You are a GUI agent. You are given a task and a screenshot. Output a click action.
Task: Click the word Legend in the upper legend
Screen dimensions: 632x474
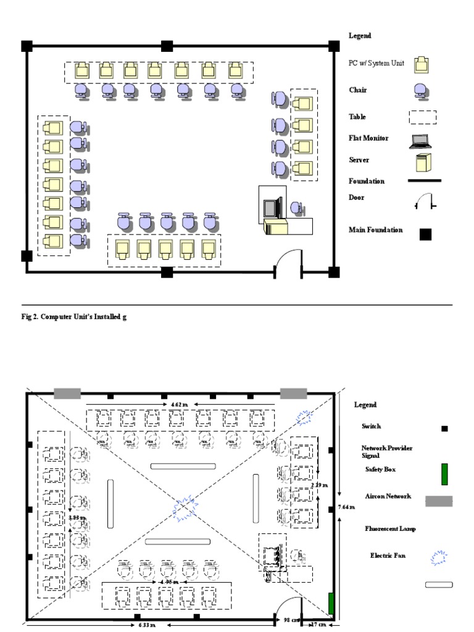360,36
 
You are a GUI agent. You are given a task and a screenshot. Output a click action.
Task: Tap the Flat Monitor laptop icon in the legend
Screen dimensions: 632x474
420,142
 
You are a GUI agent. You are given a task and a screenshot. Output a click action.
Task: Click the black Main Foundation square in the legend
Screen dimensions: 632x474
425,235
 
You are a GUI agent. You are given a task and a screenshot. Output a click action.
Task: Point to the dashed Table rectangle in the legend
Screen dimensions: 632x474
422,117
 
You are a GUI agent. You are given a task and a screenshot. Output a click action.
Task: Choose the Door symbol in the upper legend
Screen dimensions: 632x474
425,201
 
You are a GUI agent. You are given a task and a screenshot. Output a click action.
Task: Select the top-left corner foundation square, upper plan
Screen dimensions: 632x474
27,46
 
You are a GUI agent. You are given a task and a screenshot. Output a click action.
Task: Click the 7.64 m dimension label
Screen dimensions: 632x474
346,507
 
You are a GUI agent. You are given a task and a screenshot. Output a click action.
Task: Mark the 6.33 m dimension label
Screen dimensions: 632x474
146,625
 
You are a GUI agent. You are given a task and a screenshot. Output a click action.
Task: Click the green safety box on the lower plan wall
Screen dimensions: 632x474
331,604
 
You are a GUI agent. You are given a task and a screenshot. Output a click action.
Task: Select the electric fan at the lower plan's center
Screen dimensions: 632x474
184,508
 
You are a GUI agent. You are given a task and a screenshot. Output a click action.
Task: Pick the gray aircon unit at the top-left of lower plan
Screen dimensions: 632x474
67,393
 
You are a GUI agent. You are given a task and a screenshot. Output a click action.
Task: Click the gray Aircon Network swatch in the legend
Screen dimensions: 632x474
438,501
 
